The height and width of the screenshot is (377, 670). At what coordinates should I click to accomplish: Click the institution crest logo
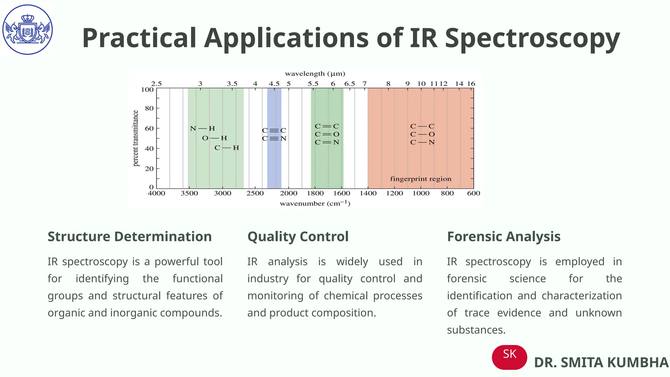pyautogui.click(x=27, y=29)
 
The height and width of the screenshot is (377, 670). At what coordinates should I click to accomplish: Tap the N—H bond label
pyautogui.click(x=203, y=129)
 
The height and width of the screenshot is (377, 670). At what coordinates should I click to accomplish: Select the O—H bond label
pyautogui.click(x=215, y=138)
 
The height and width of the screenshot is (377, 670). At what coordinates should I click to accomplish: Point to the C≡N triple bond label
pyautogui.click(x=274, y=138)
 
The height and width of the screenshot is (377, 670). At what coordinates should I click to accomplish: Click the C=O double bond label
pyautogui.click(x=327, y=134)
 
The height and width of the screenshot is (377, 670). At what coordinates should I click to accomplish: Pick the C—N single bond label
pyautogui.click(x=422, y=142)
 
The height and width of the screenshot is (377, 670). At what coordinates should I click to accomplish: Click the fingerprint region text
pyautogui.click(x=420, y=179)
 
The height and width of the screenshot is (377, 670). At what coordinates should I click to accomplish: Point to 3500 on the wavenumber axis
pyautogui.click(x=189, y=193)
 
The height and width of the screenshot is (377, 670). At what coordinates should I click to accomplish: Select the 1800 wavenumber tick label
pyautogui.click(x=315, y=193)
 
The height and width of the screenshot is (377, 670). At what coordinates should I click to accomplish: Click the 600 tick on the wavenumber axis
pyautogui.click(x=473, y=193)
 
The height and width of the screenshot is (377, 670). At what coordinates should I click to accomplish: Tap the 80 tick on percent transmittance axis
pyautogui.click(x=149, y=108)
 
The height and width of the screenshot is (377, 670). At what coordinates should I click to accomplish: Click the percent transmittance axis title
pyautogui.click(x=136, y=138)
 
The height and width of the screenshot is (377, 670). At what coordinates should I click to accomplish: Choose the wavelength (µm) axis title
pyautogui.click(x=315, y=74)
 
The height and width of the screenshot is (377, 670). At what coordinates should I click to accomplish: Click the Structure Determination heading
pyautogui.click(x=130, y=237)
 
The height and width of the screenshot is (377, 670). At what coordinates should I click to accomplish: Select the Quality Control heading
pyautogui.click(x=298, y=237)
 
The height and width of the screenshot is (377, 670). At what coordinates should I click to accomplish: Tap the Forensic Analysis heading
pyautogui.click(x=503, y=237)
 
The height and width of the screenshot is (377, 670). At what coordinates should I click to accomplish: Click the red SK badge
pyautogui.click(x=509, y=357)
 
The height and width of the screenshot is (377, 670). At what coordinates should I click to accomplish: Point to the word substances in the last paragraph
pyautogui.click(x=476, y=330)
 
